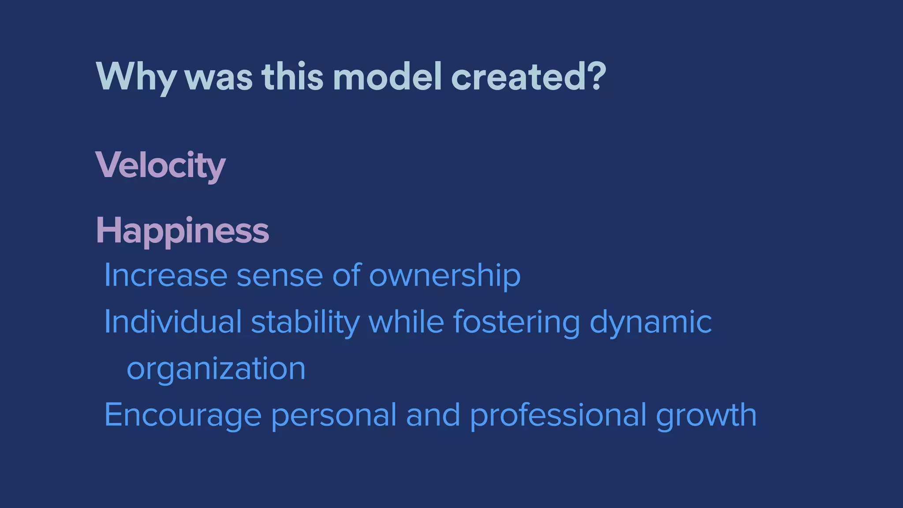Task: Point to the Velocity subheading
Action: [x=160, y=165]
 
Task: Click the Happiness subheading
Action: [x=182, y=230]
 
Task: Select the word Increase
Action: [x=165, y=276]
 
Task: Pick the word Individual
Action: [x=173, y=322]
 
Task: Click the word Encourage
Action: [x=183, y=416]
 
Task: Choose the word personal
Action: [x=334, y=416]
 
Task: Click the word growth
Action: [x=706, y=416]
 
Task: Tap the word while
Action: [x=406, y=322]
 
